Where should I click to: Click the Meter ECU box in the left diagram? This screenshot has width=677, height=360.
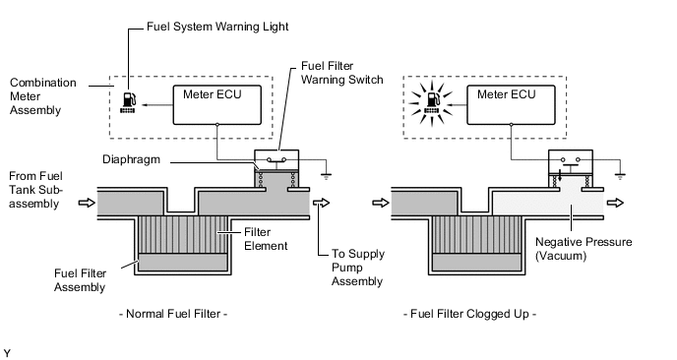(217, 105)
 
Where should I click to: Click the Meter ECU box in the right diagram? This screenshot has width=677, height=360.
(512, 105)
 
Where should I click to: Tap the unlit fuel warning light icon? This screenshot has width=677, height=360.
(129, 102)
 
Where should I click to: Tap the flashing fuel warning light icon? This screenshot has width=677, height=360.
(431, 102)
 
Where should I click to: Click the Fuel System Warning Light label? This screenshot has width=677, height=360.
(217, 27)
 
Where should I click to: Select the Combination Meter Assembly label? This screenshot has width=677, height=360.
(42, 96)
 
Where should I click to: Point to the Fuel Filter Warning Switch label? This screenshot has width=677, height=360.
(342, 73)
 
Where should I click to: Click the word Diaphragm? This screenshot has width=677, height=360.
(131, 159)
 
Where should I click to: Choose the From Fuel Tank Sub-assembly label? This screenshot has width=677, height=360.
(35, 190)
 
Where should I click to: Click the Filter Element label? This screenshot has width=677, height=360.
(266, 239)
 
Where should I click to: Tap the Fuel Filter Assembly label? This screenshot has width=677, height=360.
(80, 280)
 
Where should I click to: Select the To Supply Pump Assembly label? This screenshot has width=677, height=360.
(357, 268)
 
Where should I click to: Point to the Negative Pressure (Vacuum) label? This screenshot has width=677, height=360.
(584, 249)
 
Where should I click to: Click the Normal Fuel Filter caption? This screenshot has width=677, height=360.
(173, 314)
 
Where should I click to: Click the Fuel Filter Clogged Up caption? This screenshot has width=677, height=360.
(469, 314)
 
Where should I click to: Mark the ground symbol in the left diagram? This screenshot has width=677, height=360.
(326, 175)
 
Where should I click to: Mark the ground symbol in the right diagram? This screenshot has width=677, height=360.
(620, 175)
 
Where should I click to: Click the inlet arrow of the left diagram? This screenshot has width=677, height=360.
(87, 203)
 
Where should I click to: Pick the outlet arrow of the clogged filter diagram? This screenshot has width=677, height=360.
(615, 203)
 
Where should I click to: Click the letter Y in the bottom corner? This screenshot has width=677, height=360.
(7, 353)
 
